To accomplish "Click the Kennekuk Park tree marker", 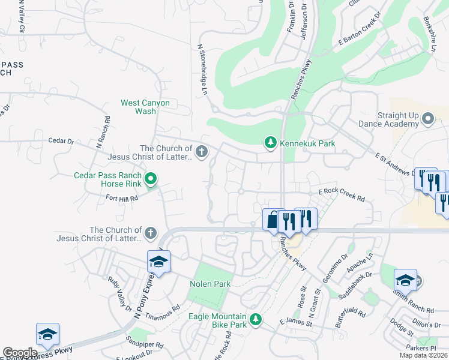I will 271,142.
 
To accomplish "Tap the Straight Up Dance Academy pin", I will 428,118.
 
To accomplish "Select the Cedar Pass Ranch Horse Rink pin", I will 151,178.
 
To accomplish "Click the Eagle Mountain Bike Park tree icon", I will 256,319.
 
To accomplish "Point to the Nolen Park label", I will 206,284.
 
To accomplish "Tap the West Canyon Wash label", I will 145,107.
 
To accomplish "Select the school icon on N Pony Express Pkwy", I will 158,262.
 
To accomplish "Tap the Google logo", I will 20,353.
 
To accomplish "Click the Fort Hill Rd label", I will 122,197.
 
